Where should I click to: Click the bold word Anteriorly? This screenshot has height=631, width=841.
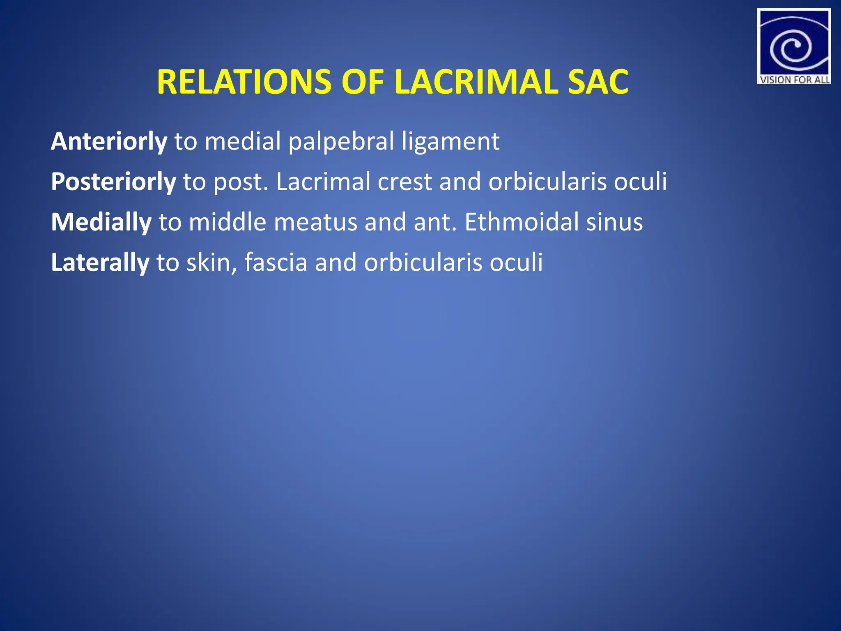pos(109,141)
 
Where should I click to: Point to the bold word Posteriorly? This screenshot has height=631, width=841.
pos(113,182)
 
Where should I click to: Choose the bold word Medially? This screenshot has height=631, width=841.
pos(101,222)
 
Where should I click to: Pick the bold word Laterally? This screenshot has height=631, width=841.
pos(100,263)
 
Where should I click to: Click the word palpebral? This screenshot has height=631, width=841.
pos(341,142)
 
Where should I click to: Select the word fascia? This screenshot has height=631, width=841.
pos(276,263)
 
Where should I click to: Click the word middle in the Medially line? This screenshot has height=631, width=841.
pos(227,222)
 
